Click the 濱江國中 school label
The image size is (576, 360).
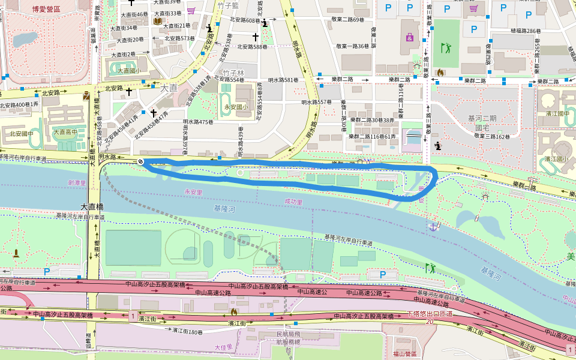tap(556, 113)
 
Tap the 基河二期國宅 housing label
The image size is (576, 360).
tap(487, 123)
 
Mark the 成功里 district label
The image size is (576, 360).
tap(293, 202)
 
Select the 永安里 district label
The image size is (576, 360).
tap(194, 191)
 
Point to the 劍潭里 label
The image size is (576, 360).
tap(77, 182)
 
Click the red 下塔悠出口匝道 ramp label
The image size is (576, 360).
tap(429, 314)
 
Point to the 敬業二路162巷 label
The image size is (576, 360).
tap(492, 137)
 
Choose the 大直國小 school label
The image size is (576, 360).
tap(129, 71)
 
